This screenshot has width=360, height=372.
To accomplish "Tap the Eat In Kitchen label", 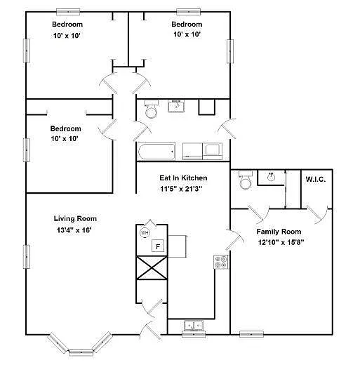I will pos(183,178).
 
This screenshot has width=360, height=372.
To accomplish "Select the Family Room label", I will pos(279,232).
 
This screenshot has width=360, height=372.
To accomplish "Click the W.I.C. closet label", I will pos(315,180).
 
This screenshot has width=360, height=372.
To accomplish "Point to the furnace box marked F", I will pos(159,246).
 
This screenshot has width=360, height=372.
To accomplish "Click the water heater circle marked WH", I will pos(145,232).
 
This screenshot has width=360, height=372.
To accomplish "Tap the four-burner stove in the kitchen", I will pos(220,263).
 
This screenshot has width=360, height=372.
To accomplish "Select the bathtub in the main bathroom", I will pos(156,151).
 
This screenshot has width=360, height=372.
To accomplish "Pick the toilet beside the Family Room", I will pos(245,181).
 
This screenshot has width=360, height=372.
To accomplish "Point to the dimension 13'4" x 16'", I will pos(75,230).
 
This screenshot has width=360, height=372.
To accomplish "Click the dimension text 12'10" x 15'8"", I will pos(279,242).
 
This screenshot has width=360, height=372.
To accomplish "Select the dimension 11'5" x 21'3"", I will pos(183,189).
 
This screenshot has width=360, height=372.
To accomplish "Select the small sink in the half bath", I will pos(270,176).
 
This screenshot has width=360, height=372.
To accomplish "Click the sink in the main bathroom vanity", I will pos(176,107).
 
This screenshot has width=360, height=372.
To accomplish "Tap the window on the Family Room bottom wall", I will pos(251,333).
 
